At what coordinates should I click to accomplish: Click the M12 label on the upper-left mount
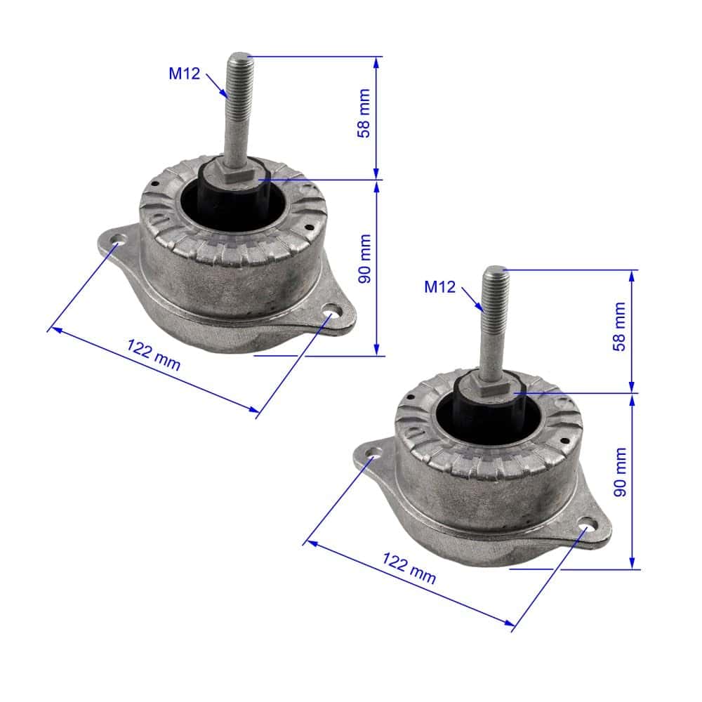[x=184, y=73]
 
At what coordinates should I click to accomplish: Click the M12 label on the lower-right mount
[x=440, y=286]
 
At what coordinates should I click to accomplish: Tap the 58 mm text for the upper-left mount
[x=364, y=118]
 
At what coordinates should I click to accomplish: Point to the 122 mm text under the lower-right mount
[x=409, y=568]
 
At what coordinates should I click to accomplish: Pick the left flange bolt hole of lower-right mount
[x=373, y=456]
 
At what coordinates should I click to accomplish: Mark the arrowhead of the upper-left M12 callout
[x=225, y=95]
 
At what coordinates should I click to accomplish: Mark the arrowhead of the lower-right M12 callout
[x=481, y=308]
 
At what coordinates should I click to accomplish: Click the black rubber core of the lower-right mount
[x=480, y=417]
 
